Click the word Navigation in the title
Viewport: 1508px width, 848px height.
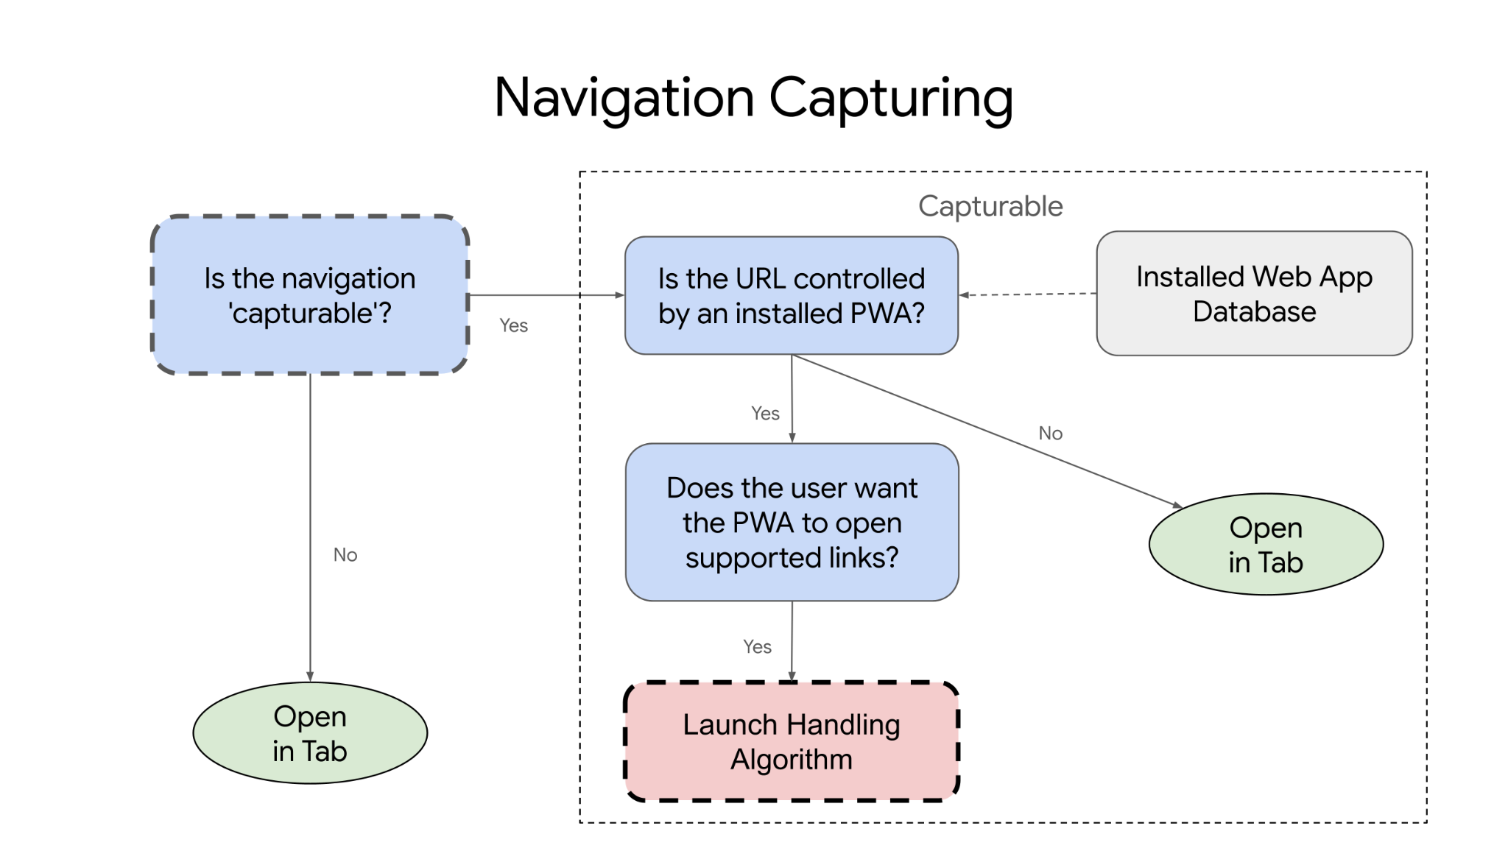pos(624,98)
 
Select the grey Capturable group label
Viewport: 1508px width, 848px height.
pos(990,206)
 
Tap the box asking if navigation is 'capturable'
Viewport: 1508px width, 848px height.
pos(309,295)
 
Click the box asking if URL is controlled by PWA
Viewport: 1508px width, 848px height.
pos(791,295)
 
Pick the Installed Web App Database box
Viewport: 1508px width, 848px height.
pos(1253,294)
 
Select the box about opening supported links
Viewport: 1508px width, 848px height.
pos(792,522)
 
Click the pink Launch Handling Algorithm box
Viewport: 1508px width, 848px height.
pos(791,741)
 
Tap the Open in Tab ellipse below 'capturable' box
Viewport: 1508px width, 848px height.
pos(309,733)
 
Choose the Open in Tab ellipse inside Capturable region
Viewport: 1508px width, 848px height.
pos(1265,545)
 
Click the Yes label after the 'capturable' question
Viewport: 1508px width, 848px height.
pos(513,325)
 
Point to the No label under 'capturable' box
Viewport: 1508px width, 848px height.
pos(345,555)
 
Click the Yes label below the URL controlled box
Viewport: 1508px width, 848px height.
pos(765,414)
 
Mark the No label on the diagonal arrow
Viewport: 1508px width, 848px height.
pos(1050,434)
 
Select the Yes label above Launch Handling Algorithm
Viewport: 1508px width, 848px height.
pos(757,647)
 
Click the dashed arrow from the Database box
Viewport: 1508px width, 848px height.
pos(1027,294)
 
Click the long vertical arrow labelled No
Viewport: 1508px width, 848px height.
pos(310,515)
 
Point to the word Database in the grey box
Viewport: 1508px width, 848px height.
pos(1254,311)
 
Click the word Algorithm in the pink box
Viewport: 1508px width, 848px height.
pos(791,760)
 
